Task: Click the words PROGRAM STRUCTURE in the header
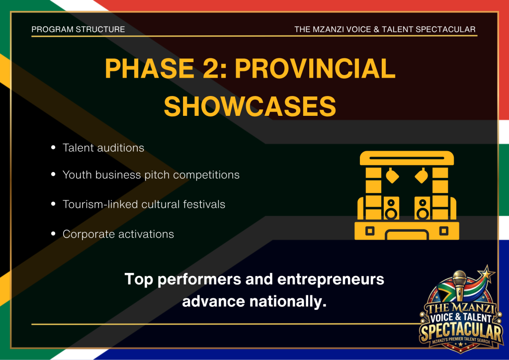pos(78,29)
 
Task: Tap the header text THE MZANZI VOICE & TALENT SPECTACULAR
pos(385,29)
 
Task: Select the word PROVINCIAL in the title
pos(315,69)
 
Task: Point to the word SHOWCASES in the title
pos(250,106)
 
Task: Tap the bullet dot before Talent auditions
pos(53,148)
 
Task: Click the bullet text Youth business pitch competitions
pos(151,175)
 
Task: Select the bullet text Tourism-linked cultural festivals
pos(144,204)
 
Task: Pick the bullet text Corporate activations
pos(118,234)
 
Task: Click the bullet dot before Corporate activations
pos(53,234)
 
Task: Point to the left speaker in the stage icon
pos(391,208)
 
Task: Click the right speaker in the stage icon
pos(423,208)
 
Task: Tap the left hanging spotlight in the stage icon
pos(392,176)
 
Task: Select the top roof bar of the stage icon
pos(407,158)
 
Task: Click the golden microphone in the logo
pos(459,285)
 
